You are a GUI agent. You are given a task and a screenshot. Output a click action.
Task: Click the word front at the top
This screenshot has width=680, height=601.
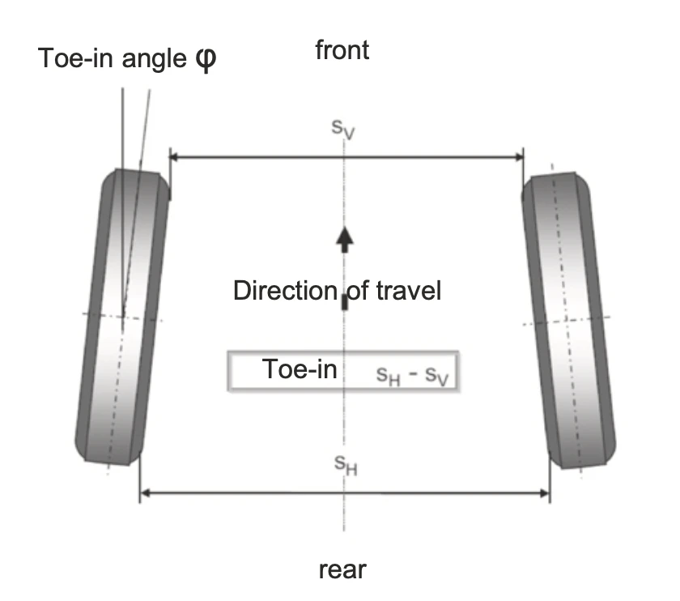pyautogui.click(x=342, y=50)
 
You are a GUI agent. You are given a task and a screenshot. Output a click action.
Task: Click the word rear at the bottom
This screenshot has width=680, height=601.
pyautogui.click(x=342, y=569)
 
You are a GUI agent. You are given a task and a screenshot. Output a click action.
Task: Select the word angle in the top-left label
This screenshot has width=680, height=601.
pyautogui.click(x=154, y=59)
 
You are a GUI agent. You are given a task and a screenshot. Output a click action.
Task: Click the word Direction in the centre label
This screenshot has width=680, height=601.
pyautogui.click(x=285, y=290)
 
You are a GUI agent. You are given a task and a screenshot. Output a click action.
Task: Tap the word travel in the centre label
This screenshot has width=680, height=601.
pyautogui.click(x=409, y=290)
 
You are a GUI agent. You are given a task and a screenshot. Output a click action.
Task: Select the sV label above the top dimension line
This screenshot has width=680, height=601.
pyautogui.click(x=342, y=129)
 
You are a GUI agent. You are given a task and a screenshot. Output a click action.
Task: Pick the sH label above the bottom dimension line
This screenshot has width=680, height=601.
pyautogui.click(x=346, y=465)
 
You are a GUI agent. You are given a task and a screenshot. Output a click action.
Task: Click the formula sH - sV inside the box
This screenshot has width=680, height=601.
pyautogui.click(x=412, y=376)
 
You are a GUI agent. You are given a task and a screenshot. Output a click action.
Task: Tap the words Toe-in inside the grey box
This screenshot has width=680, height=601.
pyautogui.click(x=300, y=369)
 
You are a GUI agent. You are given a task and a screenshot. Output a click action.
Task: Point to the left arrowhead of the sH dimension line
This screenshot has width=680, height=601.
pyautogui.click(x=145, y=493)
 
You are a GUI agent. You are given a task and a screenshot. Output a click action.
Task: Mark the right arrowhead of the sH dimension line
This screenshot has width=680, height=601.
pyautogui.click(x=545, y=493)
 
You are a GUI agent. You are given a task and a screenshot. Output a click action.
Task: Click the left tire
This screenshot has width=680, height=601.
pyautogui.click(x=122, y=317)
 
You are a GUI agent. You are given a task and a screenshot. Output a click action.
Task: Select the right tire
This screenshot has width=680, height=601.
pyautogui.click(x=568, y=320)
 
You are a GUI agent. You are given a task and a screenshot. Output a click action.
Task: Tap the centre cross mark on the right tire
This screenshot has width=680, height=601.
pyautogui.click(x=567, y=320)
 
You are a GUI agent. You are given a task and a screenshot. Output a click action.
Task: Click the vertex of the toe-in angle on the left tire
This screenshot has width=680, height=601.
pyautogui.click(x=123, y=316)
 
